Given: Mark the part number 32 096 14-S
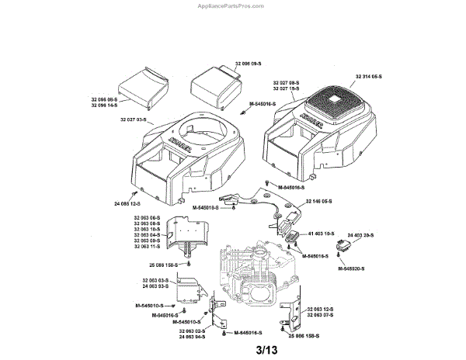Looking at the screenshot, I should [103, 104].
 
